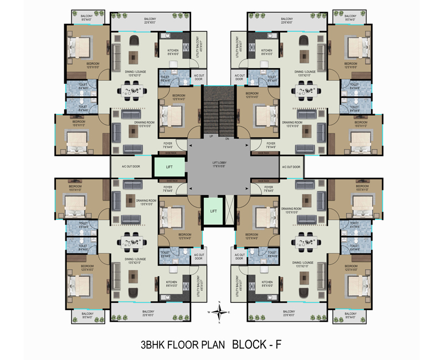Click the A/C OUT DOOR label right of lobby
click(x=291, y=166)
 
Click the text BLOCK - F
click(x=256, y=344)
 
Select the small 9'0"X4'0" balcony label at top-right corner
click(x=351, y=18)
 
